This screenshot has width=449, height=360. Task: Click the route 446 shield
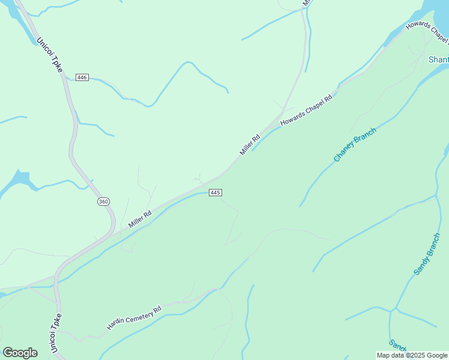point(82,77)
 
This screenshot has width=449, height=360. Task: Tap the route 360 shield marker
point(103,202)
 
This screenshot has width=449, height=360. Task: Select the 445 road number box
point(216,193)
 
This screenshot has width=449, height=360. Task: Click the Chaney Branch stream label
point(355,145)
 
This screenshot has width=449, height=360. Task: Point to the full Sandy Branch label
point(427,254)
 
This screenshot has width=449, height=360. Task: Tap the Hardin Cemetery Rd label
point(134,318)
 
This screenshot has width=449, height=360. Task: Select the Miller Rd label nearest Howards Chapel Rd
point(250,145)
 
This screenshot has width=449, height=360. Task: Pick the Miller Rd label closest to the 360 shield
point(139,218)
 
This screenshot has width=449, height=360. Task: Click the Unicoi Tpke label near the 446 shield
point(49,56)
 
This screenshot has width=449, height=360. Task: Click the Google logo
point(20,353)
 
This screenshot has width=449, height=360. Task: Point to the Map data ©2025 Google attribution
point(412,356)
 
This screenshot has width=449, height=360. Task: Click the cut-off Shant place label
point(438,59)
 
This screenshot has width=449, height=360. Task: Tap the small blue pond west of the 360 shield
point(21,178)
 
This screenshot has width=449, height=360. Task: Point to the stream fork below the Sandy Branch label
point(391,311)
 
